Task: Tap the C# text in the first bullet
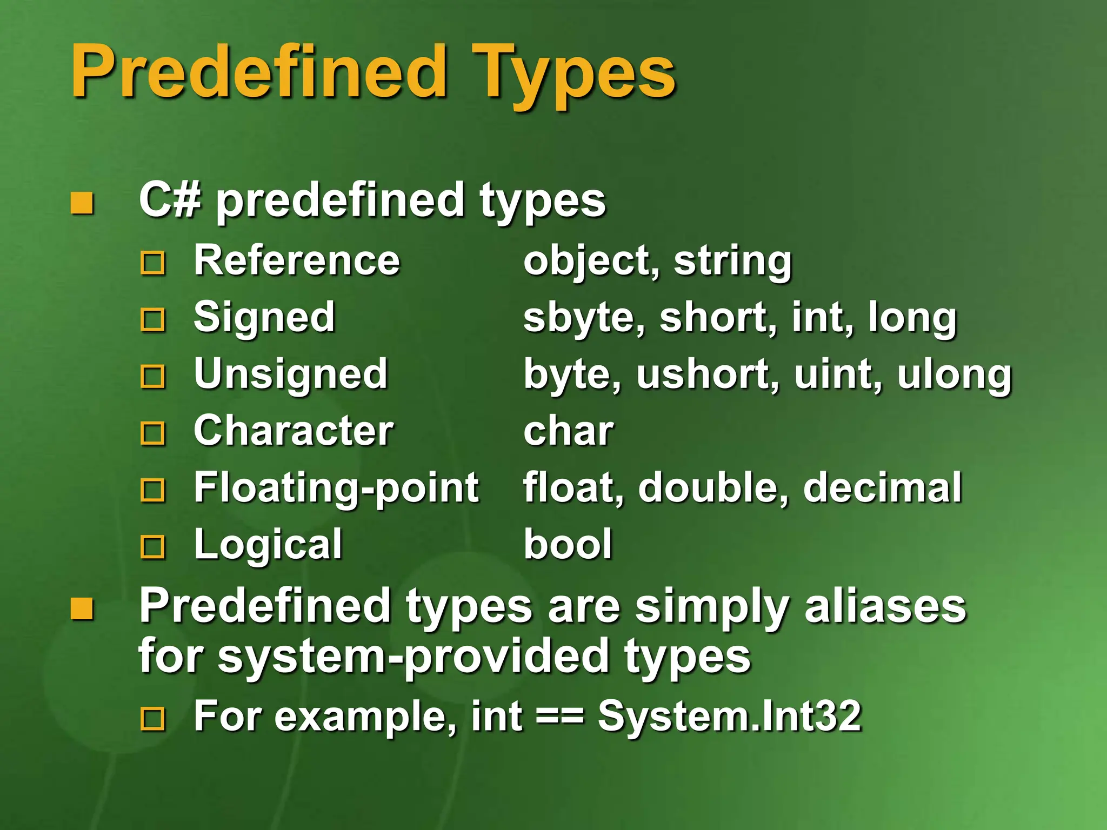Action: [x=170, y=200]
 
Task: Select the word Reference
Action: [x=297, y=260]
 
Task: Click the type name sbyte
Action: [x=584, y=318]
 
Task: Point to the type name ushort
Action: [x=707, y=374]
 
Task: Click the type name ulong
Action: [x=954, y=374]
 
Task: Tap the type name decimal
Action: [x=882, y=488]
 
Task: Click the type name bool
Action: [x=568, y=544]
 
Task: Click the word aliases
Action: [x=885, y=606]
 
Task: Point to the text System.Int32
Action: [x=729, y=716]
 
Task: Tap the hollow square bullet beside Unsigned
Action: [x=152, y=377]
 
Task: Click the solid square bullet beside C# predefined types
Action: [x=82, y=203]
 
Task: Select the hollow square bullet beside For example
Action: [x=152, y=719]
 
